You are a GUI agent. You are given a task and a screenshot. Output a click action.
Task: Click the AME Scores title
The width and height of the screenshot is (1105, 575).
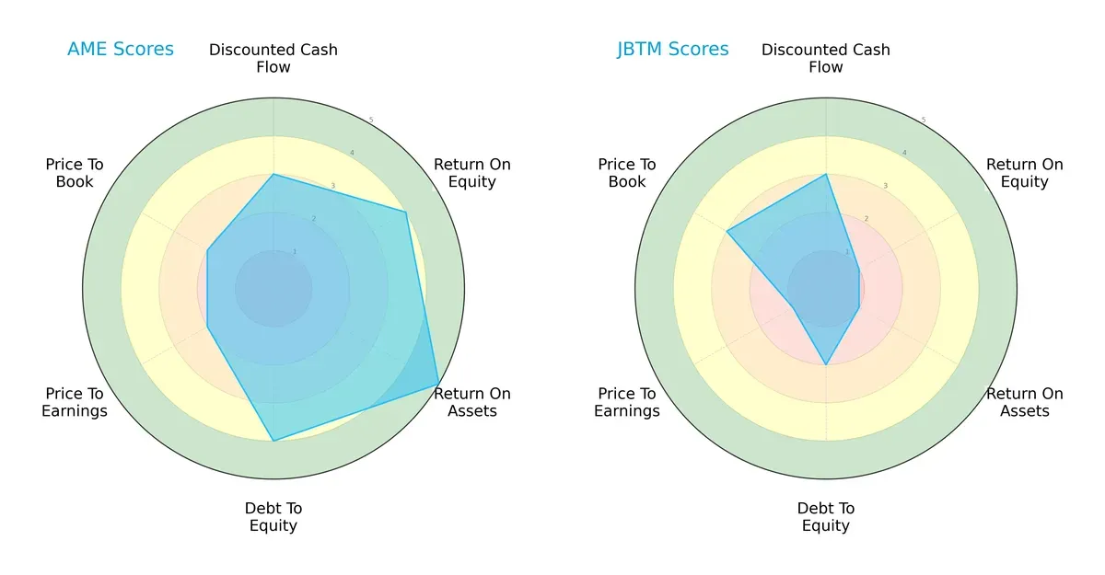point(120,50)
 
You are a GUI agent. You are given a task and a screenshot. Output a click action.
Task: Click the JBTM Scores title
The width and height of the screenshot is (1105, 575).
point(672,50)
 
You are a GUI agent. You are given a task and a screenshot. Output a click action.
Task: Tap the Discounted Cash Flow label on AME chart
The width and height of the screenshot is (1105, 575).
point(273,58)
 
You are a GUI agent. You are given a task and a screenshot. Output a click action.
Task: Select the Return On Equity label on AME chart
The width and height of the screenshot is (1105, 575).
point(471,173)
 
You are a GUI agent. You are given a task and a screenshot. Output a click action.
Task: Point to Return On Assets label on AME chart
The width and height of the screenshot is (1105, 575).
point(471,402)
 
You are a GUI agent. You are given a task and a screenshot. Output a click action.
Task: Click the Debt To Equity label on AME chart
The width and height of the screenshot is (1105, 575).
point(273,517)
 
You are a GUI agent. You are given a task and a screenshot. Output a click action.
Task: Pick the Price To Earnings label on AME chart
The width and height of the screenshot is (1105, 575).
point(75,402)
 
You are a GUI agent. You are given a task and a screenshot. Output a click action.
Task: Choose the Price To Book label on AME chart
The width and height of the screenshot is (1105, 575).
point(75,173)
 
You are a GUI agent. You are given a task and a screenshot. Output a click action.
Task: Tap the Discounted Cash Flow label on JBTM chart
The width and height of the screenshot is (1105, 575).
point(826,58)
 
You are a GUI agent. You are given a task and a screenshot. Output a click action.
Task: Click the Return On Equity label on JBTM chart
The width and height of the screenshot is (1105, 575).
point(1024,173)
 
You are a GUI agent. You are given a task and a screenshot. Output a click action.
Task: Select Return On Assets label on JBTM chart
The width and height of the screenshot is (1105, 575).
point(1024,402)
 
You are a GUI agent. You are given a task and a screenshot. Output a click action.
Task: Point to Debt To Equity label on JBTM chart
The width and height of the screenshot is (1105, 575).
point(826,517)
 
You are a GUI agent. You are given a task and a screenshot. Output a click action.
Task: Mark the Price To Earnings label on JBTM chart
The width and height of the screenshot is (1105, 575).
point(627,402)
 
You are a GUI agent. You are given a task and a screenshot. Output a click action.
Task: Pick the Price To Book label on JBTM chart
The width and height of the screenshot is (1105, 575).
point(627,173)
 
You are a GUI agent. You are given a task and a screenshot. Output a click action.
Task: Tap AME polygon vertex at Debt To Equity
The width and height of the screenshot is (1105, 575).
point(273,441)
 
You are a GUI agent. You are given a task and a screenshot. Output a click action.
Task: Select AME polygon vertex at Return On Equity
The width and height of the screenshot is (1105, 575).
point(405,213)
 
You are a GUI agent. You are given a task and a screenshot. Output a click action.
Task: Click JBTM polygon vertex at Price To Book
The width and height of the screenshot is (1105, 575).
point(727,232)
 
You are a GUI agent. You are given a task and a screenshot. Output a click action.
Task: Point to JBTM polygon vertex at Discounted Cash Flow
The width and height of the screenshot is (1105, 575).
point(826,175)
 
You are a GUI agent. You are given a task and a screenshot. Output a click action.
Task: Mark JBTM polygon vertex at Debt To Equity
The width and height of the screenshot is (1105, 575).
point(826,364)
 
